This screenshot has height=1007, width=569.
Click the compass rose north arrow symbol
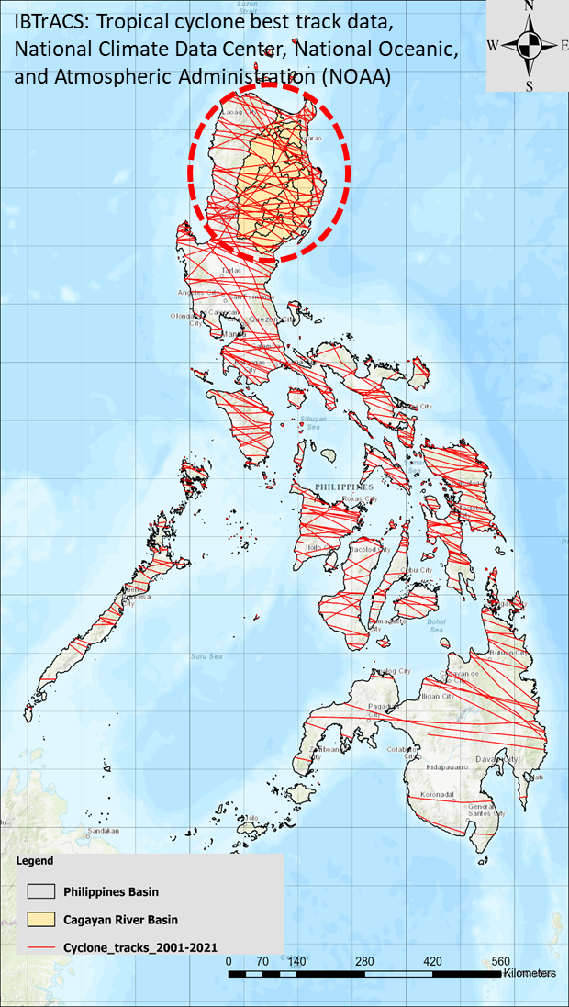(528, 44)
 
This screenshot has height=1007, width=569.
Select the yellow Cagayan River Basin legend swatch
(39, 919)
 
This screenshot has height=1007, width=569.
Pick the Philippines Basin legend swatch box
(39, 891)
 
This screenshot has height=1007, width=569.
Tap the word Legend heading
(35, 862)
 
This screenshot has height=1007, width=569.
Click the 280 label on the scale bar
(364, 961)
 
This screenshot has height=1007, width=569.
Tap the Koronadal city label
(438, 794)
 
